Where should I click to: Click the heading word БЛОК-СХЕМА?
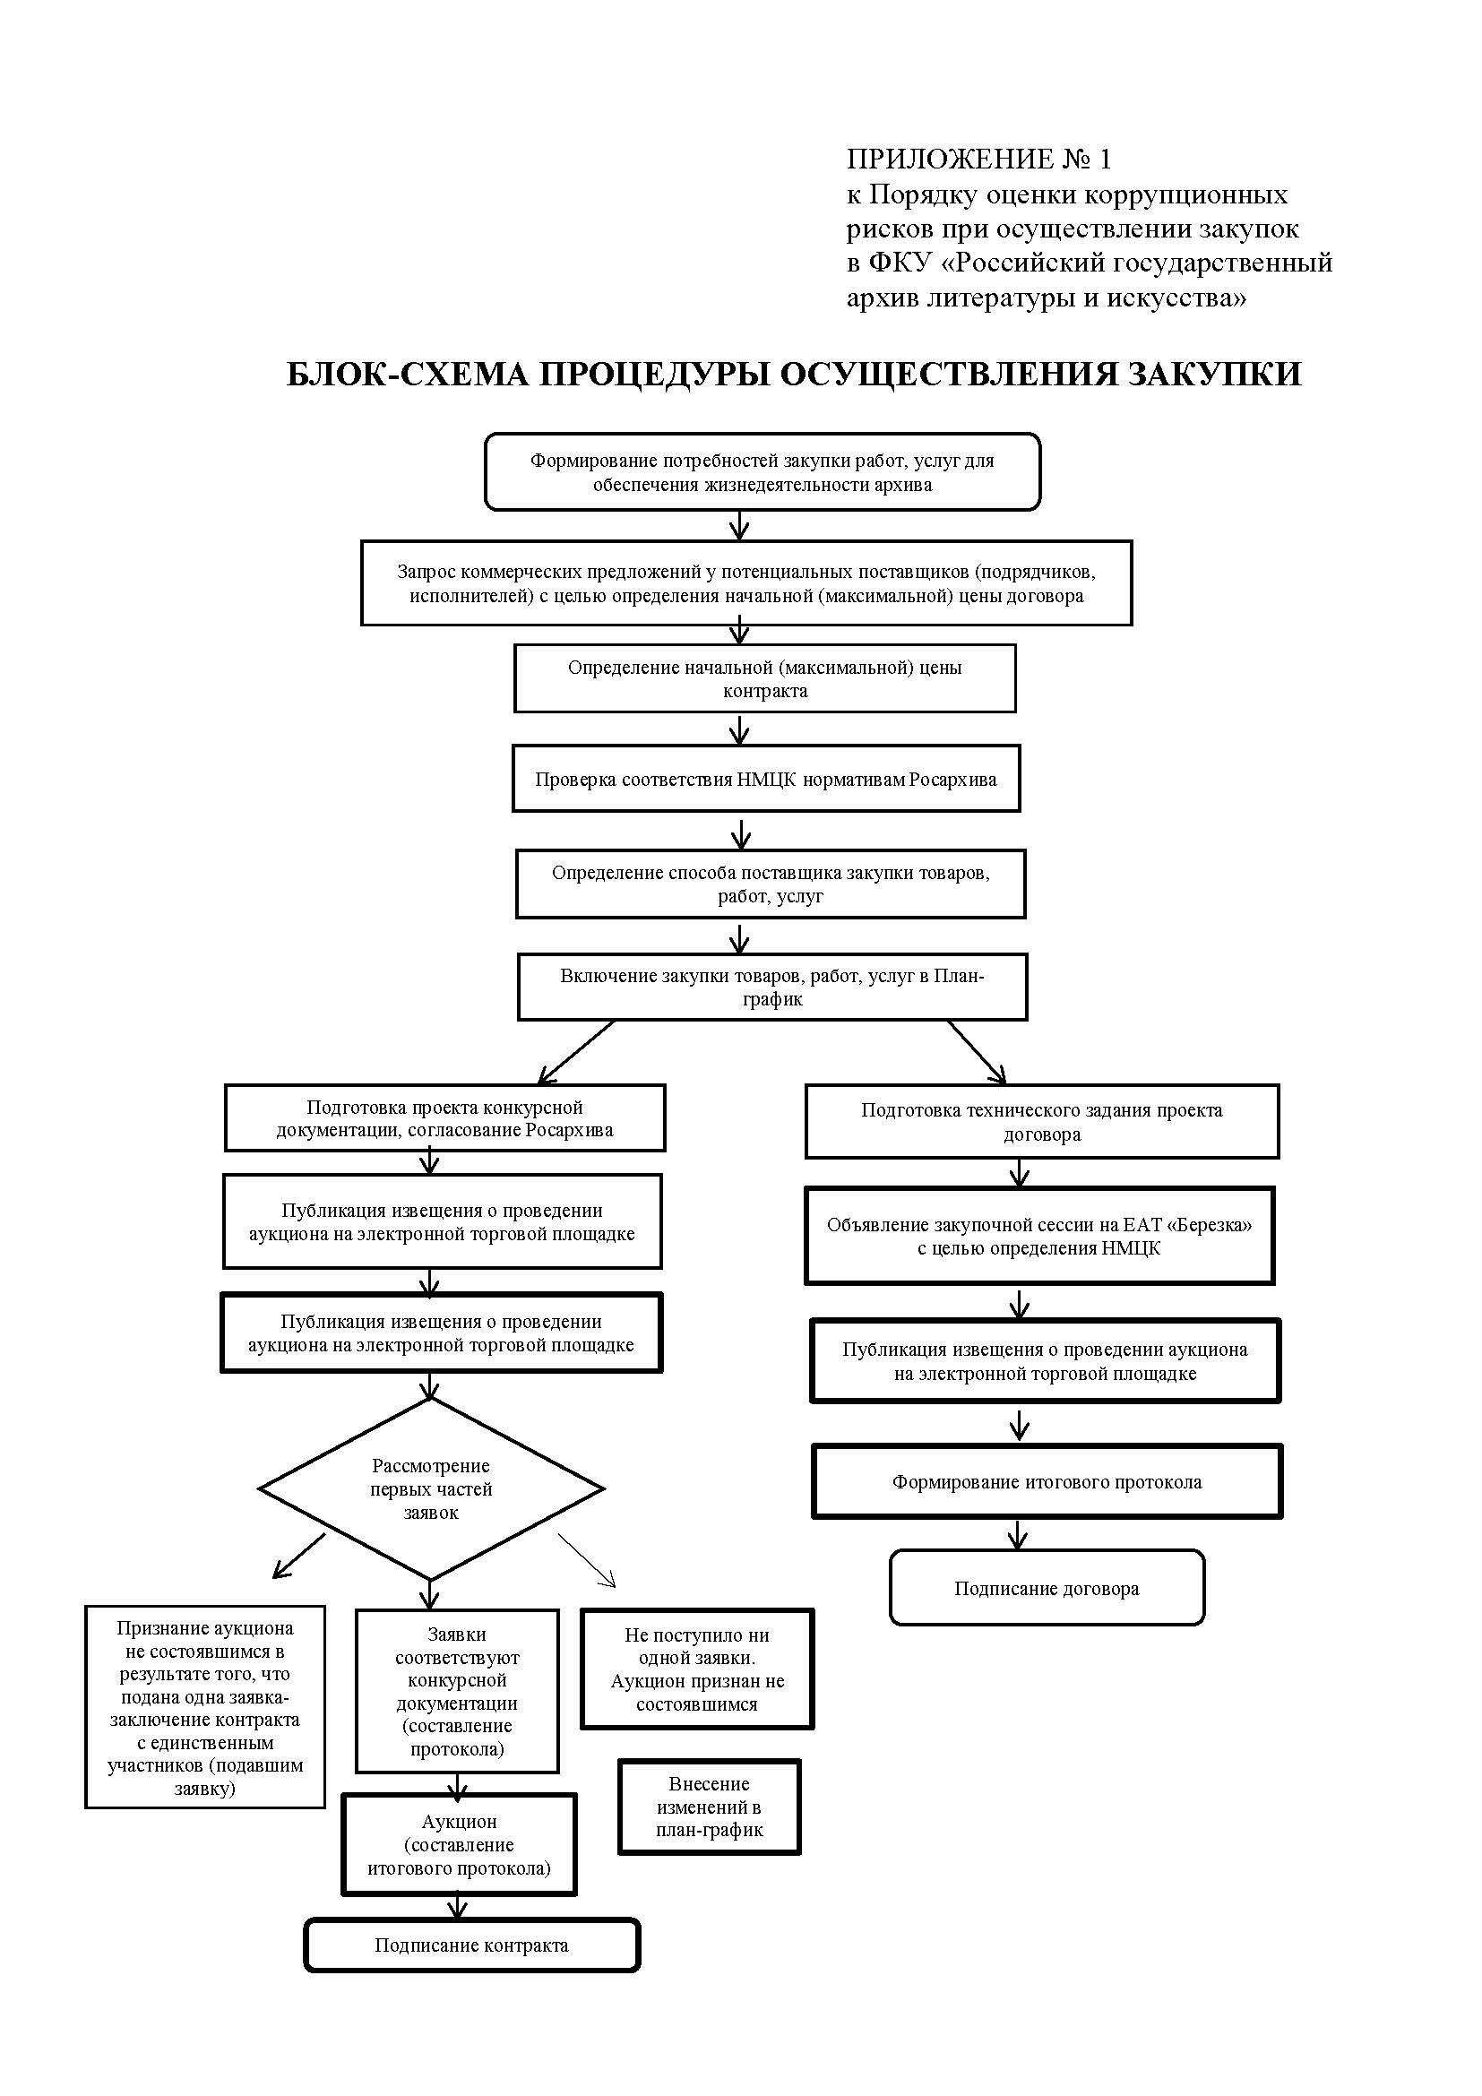[407, 375]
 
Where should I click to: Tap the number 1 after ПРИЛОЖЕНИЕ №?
[1105, 160]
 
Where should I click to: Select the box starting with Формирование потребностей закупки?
[762, 472]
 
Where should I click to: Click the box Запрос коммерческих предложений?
[746, 583]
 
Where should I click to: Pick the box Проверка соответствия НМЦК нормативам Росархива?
[765, 779]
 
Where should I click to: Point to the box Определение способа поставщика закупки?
[771, 884]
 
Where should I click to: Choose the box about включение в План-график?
[772, 987]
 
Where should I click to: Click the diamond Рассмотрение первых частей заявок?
[431, 1489]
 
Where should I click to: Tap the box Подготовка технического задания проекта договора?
[1042, 1122]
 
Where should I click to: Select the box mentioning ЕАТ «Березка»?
[1039, 1236]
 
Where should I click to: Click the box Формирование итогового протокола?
[1047, 1481]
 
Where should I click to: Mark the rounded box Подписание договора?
[1047, 1589]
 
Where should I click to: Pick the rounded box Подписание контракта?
[472, 1945]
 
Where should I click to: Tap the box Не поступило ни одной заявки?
[697, 1669]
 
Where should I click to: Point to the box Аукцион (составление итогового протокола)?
[459, 1845]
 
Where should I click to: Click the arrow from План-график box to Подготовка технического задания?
[977, 1052]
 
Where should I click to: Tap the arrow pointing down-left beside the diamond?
[298, 1556]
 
